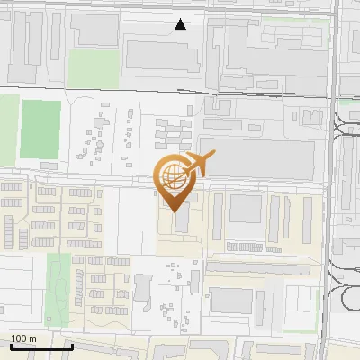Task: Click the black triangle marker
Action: [181, 24]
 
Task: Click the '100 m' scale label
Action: [23, 338]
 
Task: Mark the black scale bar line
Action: [40, 346]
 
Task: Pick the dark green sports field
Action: [40, 128]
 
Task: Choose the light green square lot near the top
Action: [94, 65]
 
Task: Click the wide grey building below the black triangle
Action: [162, 55]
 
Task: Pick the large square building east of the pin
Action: [245, 209]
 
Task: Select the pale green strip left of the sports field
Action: [8, 126]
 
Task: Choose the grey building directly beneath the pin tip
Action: [180, 220]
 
